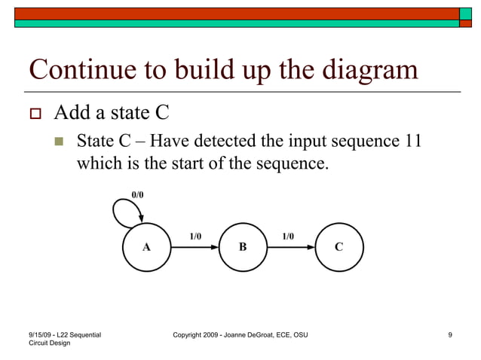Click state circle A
point(146,247)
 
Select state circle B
point(243,247)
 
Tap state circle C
point(339,247)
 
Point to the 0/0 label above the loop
point(137,194)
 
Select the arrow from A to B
point(195,247)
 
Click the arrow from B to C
point(291,247)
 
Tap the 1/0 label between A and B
point(195,236)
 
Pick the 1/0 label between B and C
point(288,236)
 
